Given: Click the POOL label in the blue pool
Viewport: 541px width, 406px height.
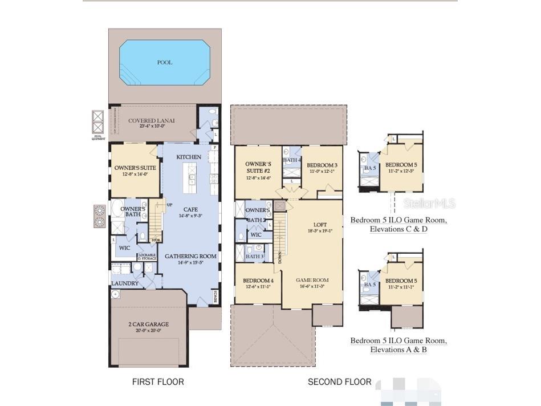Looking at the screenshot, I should click(x=164, y=62).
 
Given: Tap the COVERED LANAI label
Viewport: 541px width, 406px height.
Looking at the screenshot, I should click(x=151, y=121).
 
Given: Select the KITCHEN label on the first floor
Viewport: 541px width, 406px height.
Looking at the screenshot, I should click(x=189, y=157).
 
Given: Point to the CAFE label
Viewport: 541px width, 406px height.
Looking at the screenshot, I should click(x=190, y=209).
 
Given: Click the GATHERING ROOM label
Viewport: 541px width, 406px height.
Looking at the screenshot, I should click(x=190, y=257).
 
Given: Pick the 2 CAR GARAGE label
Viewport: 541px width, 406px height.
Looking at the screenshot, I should click(x=148, y=324).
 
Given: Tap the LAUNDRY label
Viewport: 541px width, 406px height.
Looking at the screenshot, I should click(x=125, y=283).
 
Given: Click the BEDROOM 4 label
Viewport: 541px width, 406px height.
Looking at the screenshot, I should click(x=258, y=281).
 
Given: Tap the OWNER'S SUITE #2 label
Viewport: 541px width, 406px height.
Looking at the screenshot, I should click(x=258, y=167).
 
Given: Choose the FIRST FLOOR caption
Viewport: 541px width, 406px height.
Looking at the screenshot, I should click(x=158, y=381).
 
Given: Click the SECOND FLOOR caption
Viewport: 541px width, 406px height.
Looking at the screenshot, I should click(x=340, y=381).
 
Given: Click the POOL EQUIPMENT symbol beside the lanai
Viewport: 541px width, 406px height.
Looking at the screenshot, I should click(x=97, y=121).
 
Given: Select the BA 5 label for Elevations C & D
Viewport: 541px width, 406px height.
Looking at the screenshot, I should click(x=370, y=168).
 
